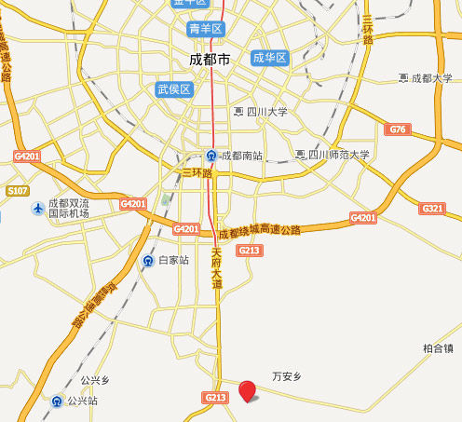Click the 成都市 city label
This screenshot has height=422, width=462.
[208, 59]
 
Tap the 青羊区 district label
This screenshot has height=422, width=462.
[206, 29]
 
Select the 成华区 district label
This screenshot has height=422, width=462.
[270, 58]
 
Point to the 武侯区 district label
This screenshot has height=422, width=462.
[173, 89]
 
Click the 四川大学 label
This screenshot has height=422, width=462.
[266, 112]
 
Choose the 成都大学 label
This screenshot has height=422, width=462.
[431, 78]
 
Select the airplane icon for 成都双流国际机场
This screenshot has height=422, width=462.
[37, 208]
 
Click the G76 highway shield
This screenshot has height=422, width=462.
[399, 129]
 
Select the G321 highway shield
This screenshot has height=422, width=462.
[433, 208]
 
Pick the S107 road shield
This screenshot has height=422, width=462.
[18, 190]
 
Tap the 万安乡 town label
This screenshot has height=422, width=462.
[287, 377]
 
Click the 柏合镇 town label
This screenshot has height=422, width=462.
[438, 348]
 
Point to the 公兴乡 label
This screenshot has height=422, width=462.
[95, 380]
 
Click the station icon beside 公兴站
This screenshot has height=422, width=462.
[58, 402]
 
